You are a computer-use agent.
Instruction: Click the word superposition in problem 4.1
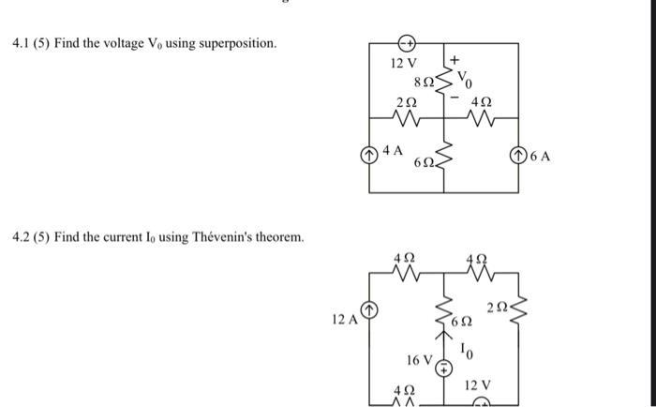[238, 44]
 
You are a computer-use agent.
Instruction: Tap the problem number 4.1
[21, 44]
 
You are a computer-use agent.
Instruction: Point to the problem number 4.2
[21, 236]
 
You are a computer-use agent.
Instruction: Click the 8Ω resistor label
[425, 81]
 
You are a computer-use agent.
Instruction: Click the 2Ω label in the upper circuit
[405, 101]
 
